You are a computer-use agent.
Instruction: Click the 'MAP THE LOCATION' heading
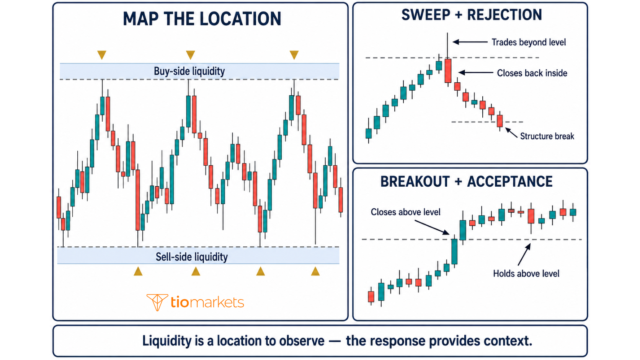(x=202, y=19)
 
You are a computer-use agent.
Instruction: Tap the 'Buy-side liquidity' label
(x=189, y=71)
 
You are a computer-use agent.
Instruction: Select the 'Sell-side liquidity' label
(x=192, y=257)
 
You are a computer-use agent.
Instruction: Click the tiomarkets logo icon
(x=157, y=302)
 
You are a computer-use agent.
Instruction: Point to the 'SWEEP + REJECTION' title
(x=472, y=15)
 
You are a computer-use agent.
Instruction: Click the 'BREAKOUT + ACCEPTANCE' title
(x=466, y=181)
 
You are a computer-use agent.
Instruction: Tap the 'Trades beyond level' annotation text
(x=529, y=42)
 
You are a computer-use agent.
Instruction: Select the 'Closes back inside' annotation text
(x=532, y=73)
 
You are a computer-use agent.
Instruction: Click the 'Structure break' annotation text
(x=547, y=136)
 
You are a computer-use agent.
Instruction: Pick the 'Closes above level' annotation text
(x=405, y=212)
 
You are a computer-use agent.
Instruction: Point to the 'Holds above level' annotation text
(x=526, y=274)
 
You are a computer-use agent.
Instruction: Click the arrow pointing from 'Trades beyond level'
(x=470, y=42)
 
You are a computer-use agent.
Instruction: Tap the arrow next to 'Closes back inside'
(x=476, y=73)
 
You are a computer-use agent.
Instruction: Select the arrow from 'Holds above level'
(x=524, y=254)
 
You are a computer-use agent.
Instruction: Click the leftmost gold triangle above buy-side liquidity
(x=102, y=55)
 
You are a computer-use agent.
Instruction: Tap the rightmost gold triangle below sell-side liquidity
(x=315, y=271)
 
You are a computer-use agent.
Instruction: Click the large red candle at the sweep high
(x=448, y=71)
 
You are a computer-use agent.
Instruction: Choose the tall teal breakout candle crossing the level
(x=454, y=251)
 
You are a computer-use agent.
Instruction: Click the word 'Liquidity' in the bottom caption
(x=168, y=341)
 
